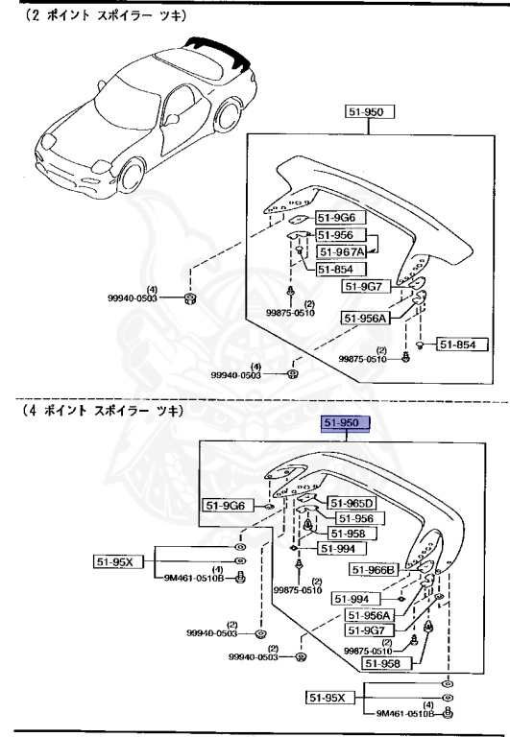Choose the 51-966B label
pyautogui.click(x=374, y=569)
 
